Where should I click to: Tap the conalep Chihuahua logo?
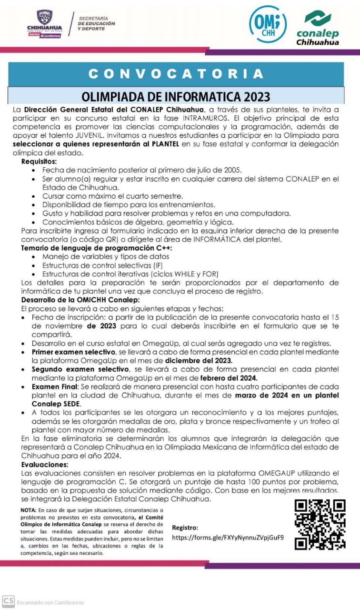pos(318,29)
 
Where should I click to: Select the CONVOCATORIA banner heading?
pos(176,74)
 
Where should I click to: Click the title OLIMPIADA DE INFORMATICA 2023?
pos(176,97)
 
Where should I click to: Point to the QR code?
pos(320,524)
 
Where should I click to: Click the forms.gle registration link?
pos(228,537)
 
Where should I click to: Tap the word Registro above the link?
pos(185,528)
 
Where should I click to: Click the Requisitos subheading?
pos(39,162)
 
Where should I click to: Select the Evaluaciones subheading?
pos(45,464)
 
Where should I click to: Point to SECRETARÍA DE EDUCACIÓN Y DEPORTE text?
pos(97,23)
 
